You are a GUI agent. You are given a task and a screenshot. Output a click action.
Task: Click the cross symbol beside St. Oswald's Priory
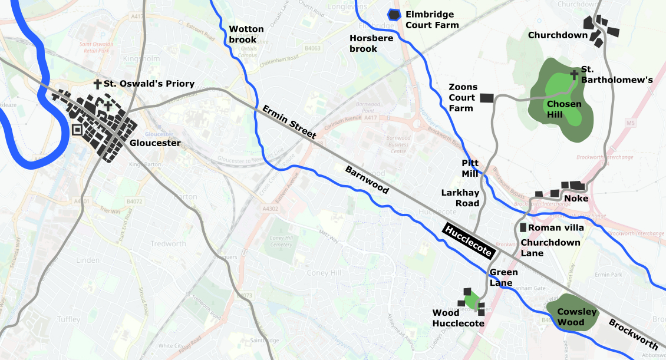[x=97, y=84]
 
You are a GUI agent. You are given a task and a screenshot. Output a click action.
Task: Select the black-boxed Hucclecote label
[x=469, y=241]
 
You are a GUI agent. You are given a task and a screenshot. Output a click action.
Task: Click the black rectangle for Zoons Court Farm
[x=486, y=98]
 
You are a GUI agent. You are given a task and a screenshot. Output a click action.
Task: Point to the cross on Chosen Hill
[x=573, y=75]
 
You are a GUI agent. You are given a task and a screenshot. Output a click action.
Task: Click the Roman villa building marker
[x=523, y=227]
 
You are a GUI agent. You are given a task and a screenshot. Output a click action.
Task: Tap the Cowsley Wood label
[x=577, y=317]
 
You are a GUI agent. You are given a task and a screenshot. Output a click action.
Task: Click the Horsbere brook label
[x=364, y=43]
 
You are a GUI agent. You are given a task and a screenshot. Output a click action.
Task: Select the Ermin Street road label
[x=289, y=123]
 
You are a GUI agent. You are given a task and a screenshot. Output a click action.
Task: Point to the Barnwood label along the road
[x=367, y=180]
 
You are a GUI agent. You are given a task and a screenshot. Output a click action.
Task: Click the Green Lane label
[x=503, y=278]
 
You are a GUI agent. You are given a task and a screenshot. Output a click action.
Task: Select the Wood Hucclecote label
[x=458, y=318]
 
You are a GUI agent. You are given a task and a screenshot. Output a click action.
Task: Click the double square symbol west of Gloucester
[x=77, y=131]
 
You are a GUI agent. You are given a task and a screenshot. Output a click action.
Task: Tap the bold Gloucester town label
[x=155, y=143]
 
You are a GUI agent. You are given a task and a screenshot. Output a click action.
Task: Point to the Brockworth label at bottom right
[x=633, y=333]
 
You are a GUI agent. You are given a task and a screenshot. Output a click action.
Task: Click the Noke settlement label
[x=576, y=199]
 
